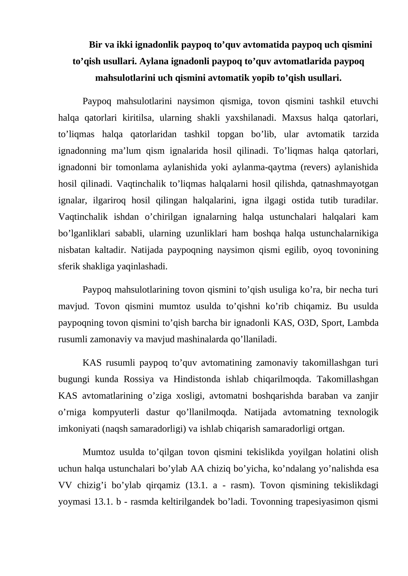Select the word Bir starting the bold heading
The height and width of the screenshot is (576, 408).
(95, 45)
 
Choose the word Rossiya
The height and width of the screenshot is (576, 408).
(139, 379)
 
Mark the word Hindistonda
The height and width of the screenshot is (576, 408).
(197, 379)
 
